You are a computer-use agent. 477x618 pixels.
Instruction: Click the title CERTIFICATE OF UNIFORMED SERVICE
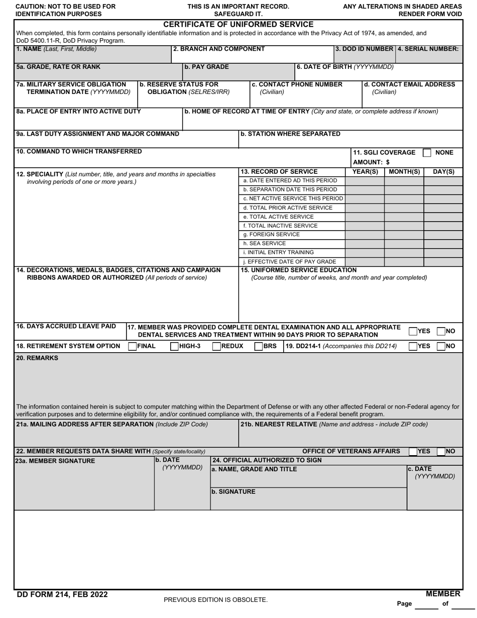(238, 25)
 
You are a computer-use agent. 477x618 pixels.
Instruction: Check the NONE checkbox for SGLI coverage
(427, 153)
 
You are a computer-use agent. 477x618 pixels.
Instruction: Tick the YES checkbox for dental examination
(413, 331)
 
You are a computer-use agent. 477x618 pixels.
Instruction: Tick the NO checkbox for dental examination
(441, 331)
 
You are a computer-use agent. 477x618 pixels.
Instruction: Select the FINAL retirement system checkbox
(133, 346)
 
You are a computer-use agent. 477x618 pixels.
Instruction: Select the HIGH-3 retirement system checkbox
(175, 346)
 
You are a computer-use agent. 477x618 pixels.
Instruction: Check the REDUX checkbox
(216, 346)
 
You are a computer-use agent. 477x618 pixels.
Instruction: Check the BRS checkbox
(259, 346)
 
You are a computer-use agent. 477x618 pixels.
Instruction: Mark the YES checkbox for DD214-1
(413, 346)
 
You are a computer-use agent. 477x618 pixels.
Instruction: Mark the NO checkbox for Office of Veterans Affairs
(441, 452)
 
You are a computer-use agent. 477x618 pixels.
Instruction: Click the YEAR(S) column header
(365, 172)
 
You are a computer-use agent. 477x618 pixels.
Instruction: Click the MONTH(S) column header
(404, 172)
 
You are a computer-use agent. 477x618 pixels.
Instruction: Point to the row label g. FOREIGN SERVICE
(271, 235)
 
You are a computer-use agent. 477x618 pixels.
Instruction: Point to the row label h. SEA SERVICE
(264, 244)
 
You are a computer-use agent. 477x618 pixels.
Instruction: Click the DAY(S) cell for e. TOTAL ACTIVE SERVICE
(443, 217)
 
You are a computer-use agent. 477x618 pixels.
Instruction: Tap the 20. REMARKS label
(37, 358)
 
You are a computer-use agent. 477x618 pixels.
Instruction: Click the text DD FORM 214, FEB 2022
(62, 595)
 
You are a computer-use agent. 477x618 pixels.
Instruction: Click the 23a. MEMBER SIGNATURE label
(55, 461)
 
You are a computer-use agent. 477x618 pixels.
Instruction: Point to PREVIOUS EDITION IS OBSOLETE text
(215, 600)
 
